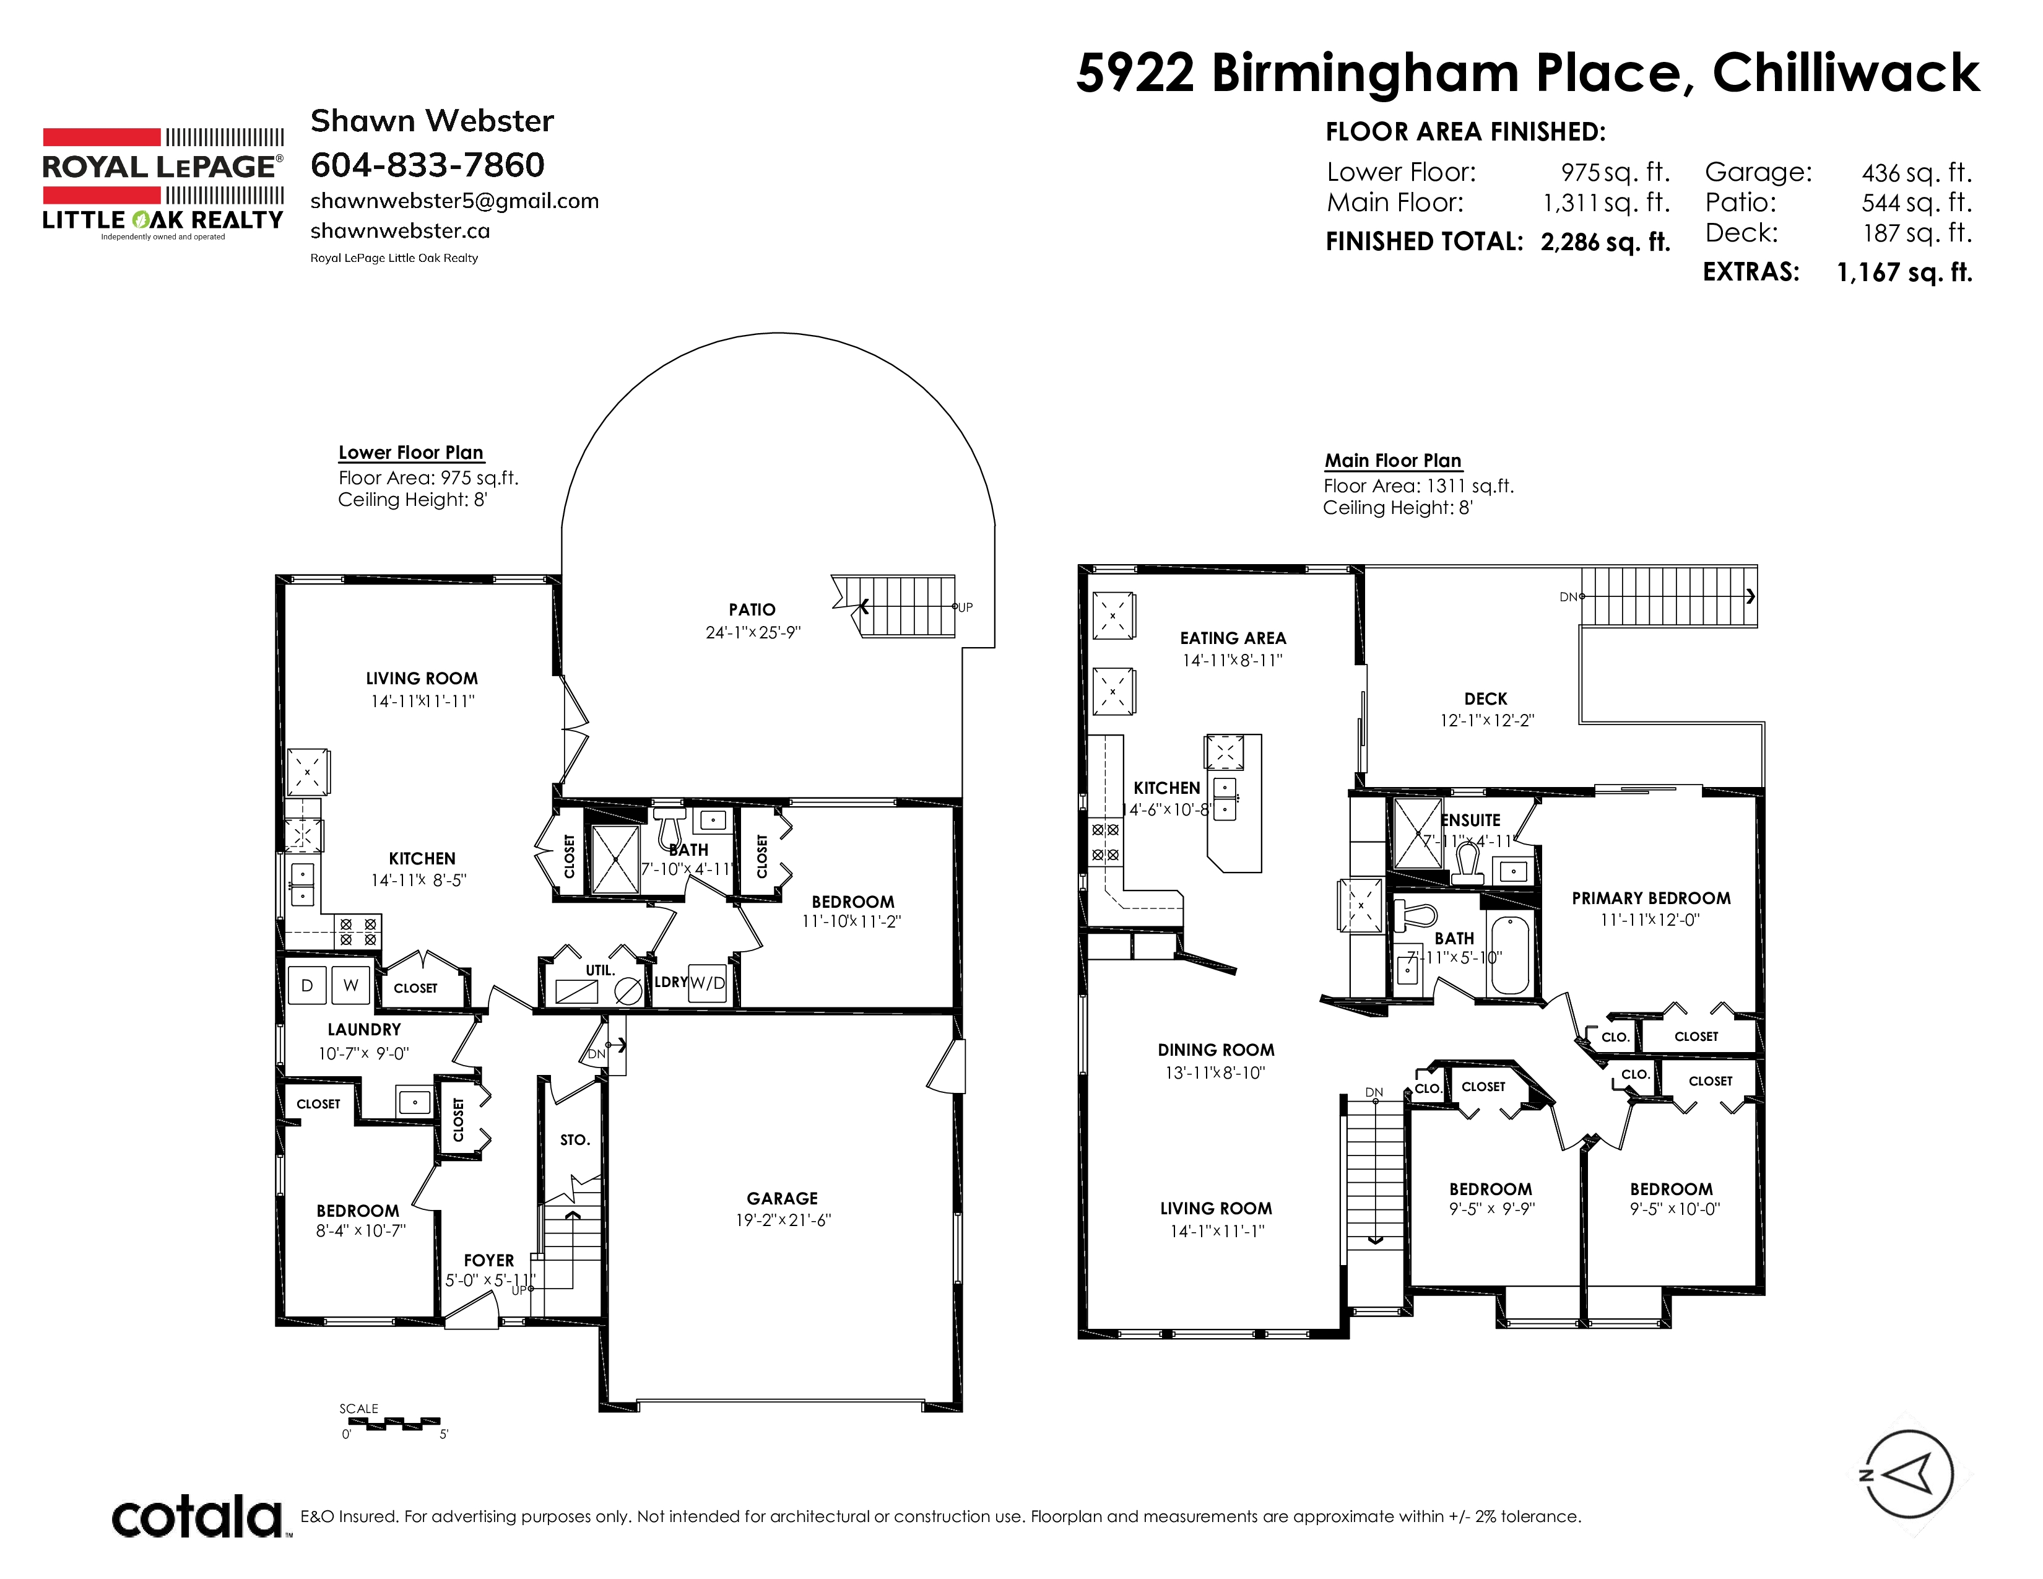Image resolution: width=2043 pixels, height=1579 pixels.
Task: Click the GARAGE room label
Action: (x=782, y=1198)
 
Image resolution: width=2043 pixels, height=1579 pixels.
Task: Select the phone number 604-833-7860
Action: (x=428, y=165)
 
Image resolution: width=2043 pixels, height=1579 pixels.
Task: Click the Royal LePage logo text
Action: (x=161, y=167)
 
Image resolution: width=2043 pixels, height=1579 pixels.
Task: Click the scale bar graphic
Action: (x=394, y=1423)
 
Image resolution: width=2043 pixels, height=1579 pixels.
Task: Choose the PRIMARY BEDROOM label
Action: (x=1651, y=898)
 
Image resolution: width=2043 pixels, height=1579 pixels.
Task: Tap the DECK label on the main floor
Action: (x=1485, y=698)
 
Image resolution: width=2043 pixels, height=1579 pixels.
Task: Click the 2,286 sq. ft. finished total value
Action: (x=1605, y=242)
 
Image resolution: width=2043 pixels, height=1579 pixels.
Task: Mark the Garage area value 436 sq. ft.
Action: (x=1917, y=173)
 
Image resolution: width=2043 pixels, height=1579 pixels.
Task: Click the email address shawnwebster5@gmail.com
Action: (x=454, y=201)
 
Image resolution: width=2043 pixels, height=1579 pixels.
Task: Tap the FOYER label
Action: (x=489, y=1261)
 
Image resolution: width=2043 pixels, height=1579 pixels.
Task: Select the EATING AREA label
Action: (x=1233, y=638)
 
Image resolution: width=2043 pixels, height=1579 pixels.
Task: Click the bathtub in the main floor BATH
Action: (x=1509, y=954)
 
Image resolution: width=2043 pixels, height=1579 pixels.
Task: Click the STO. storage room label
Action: (x=575, y=1140)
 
